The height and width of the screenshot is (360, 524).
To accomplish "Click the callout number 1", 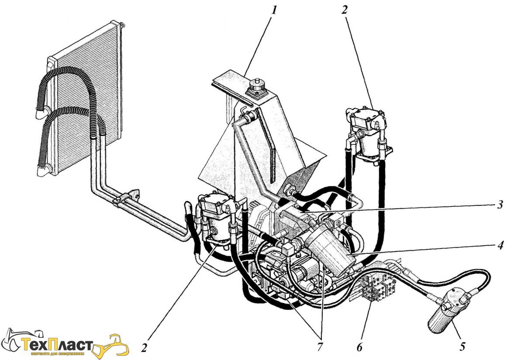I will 274,10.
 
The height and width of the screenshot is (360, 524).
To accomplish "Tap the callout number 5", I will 462,347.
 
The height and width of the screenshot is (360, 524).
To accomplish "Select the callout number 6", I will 359,347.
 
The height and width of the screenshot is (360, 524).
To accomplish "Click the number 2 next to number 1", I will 344,10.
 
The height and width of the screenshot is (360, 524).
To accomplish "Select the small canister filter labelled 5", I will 445,314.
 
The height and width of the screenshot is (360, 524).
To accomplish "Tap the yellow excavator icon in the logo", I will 114,345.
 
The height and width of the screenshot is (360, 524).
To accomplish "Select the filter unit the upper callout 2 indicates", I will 367,131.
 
